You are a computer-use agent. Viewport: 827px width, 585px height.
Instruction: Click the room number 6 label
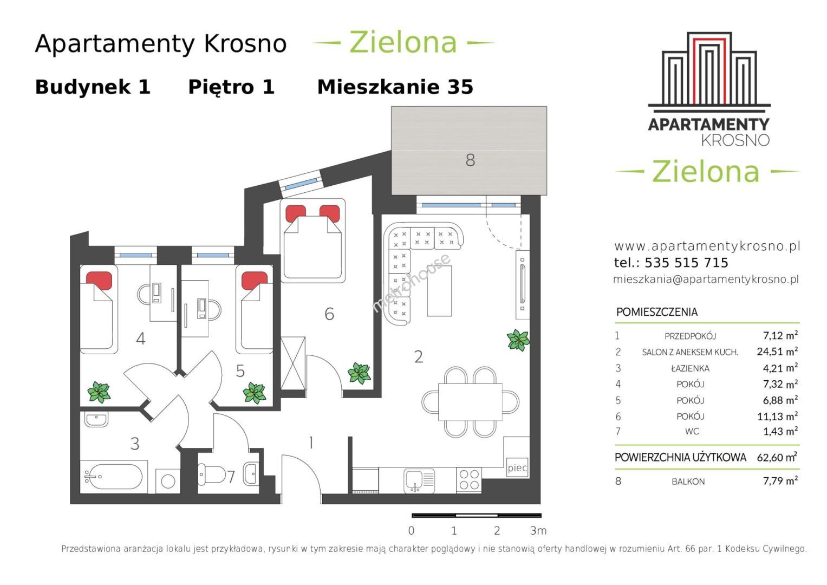(329, 314)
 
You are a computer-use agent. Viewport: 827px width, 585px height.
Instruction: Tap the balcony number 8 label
(470, 160)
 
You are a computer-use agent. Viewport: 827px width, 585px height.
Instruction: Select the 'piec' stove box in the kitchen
(517, 468)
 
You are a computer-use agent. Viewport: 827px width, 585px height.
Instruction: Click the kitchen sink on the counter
(419, 481)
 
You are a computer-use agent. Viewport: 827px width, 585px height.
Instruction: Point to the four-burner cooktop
(469, 480)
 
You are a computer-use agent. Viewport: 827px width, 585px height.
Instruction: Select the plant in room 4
(99, 392)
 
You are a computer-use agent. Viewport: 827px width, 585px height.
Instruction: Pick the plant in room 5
(255, 393)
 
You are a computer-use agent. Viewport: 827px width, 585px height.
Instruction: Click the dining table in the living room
(470, 402)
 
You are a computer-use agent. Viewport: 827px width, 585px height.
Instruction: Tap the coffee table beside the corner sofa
(439, 291)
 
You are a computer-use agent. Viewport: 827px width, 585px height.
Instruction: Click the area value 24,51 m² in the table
(777, 351)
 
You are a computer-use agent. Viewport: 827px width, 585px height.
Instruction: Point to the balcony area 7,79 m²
(780, 481)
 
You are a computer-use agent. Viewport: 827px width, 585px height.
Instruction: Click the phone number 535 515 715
(686, 263)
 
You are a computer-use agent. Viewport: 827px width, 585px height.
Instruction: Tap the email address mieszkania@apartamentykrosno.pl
(706, 279)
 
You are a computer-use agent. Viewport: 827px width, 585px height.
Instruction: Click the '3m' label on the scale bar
(538, 531)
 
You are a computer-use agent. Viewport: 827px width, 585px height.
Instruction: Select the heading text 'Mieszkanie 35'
(395, 87)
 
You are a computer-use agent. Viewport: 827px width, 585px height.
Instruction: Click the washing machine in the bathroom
(168, 481)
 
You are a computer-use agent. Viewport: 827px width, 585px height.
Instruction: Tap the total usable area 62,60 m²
(777, 457)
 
